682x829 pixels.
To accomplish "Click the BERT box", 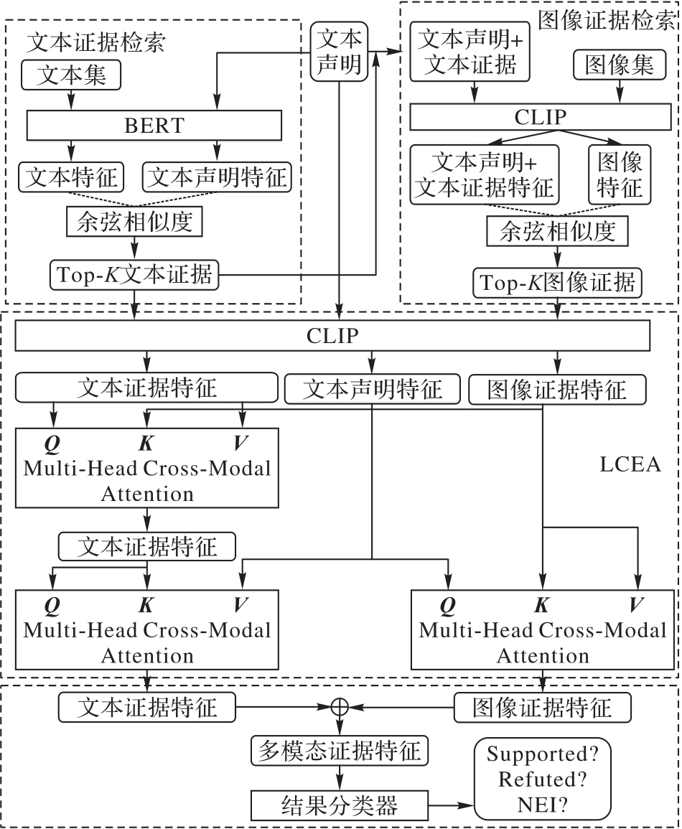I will [x=154, y=126].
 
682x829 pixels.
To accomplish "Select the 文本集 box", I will [x=71, y=75].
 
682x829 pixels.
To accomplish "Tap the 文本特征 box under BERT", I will [x=72, y=177].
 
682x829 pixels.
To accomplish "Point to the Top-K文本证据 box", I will [x=133, y=275].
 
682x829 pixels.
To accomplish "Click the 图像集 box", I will [x=620, y=66].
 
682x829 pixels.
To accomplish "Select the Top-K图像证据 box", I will [x=558, y=282].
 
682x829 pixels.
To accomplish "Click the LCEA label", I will [x=630, y=464].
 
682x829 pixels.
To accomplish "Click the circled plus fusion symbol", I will [x=339, y=707].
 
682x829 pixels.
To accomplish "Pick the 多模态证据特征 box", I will [x=339, y=751].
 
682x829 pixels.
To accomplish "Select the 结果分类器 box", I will [x=339, y=805].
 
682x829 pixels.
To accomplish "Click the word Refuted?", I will [x=544, y=779].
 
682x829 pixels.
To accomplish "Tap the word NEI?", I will [x=544, y=805].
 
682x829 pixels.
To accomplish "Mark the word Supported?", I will [x=544, y=754].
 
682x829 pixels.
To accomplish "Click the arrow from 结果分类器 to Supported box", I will [x=449, y=805].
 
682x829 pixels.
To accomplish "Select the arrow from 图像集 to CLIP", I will [x=620, y=92].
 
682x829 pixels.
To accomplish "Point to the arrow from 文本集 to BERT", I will [x=71, y=100].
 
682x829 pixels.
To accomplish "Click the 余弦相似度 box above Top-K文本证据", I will [x=134, y=223].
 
